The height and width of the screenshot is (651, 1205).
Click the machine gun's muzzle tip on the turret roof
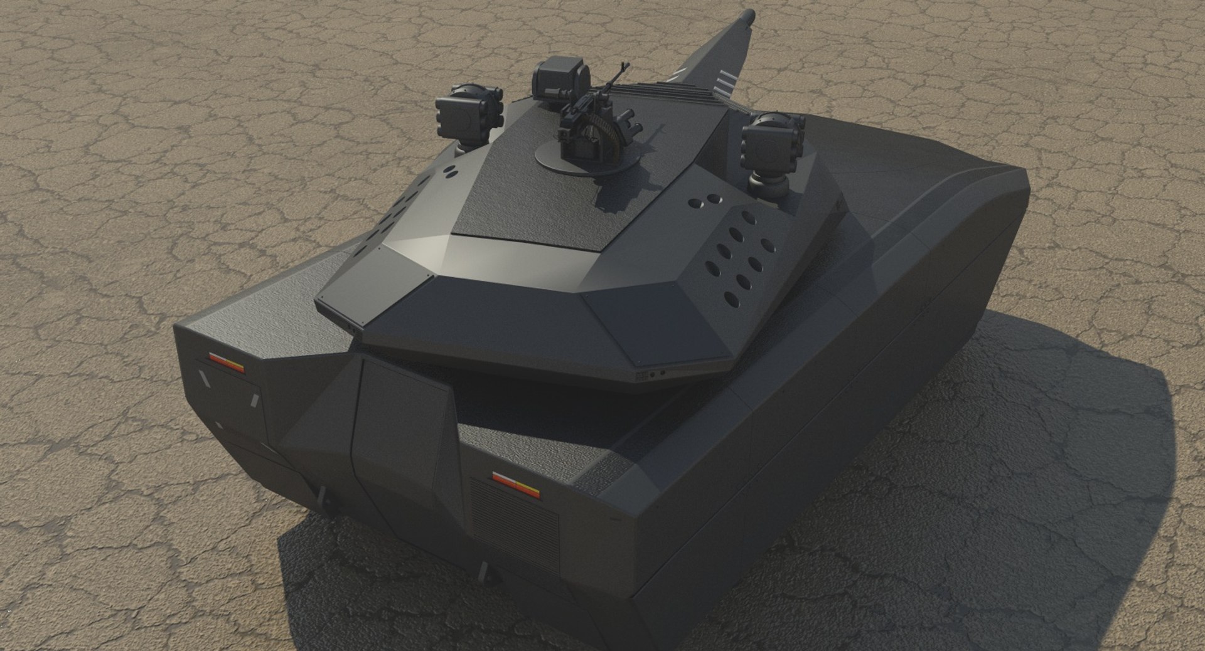pos(623,65)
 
